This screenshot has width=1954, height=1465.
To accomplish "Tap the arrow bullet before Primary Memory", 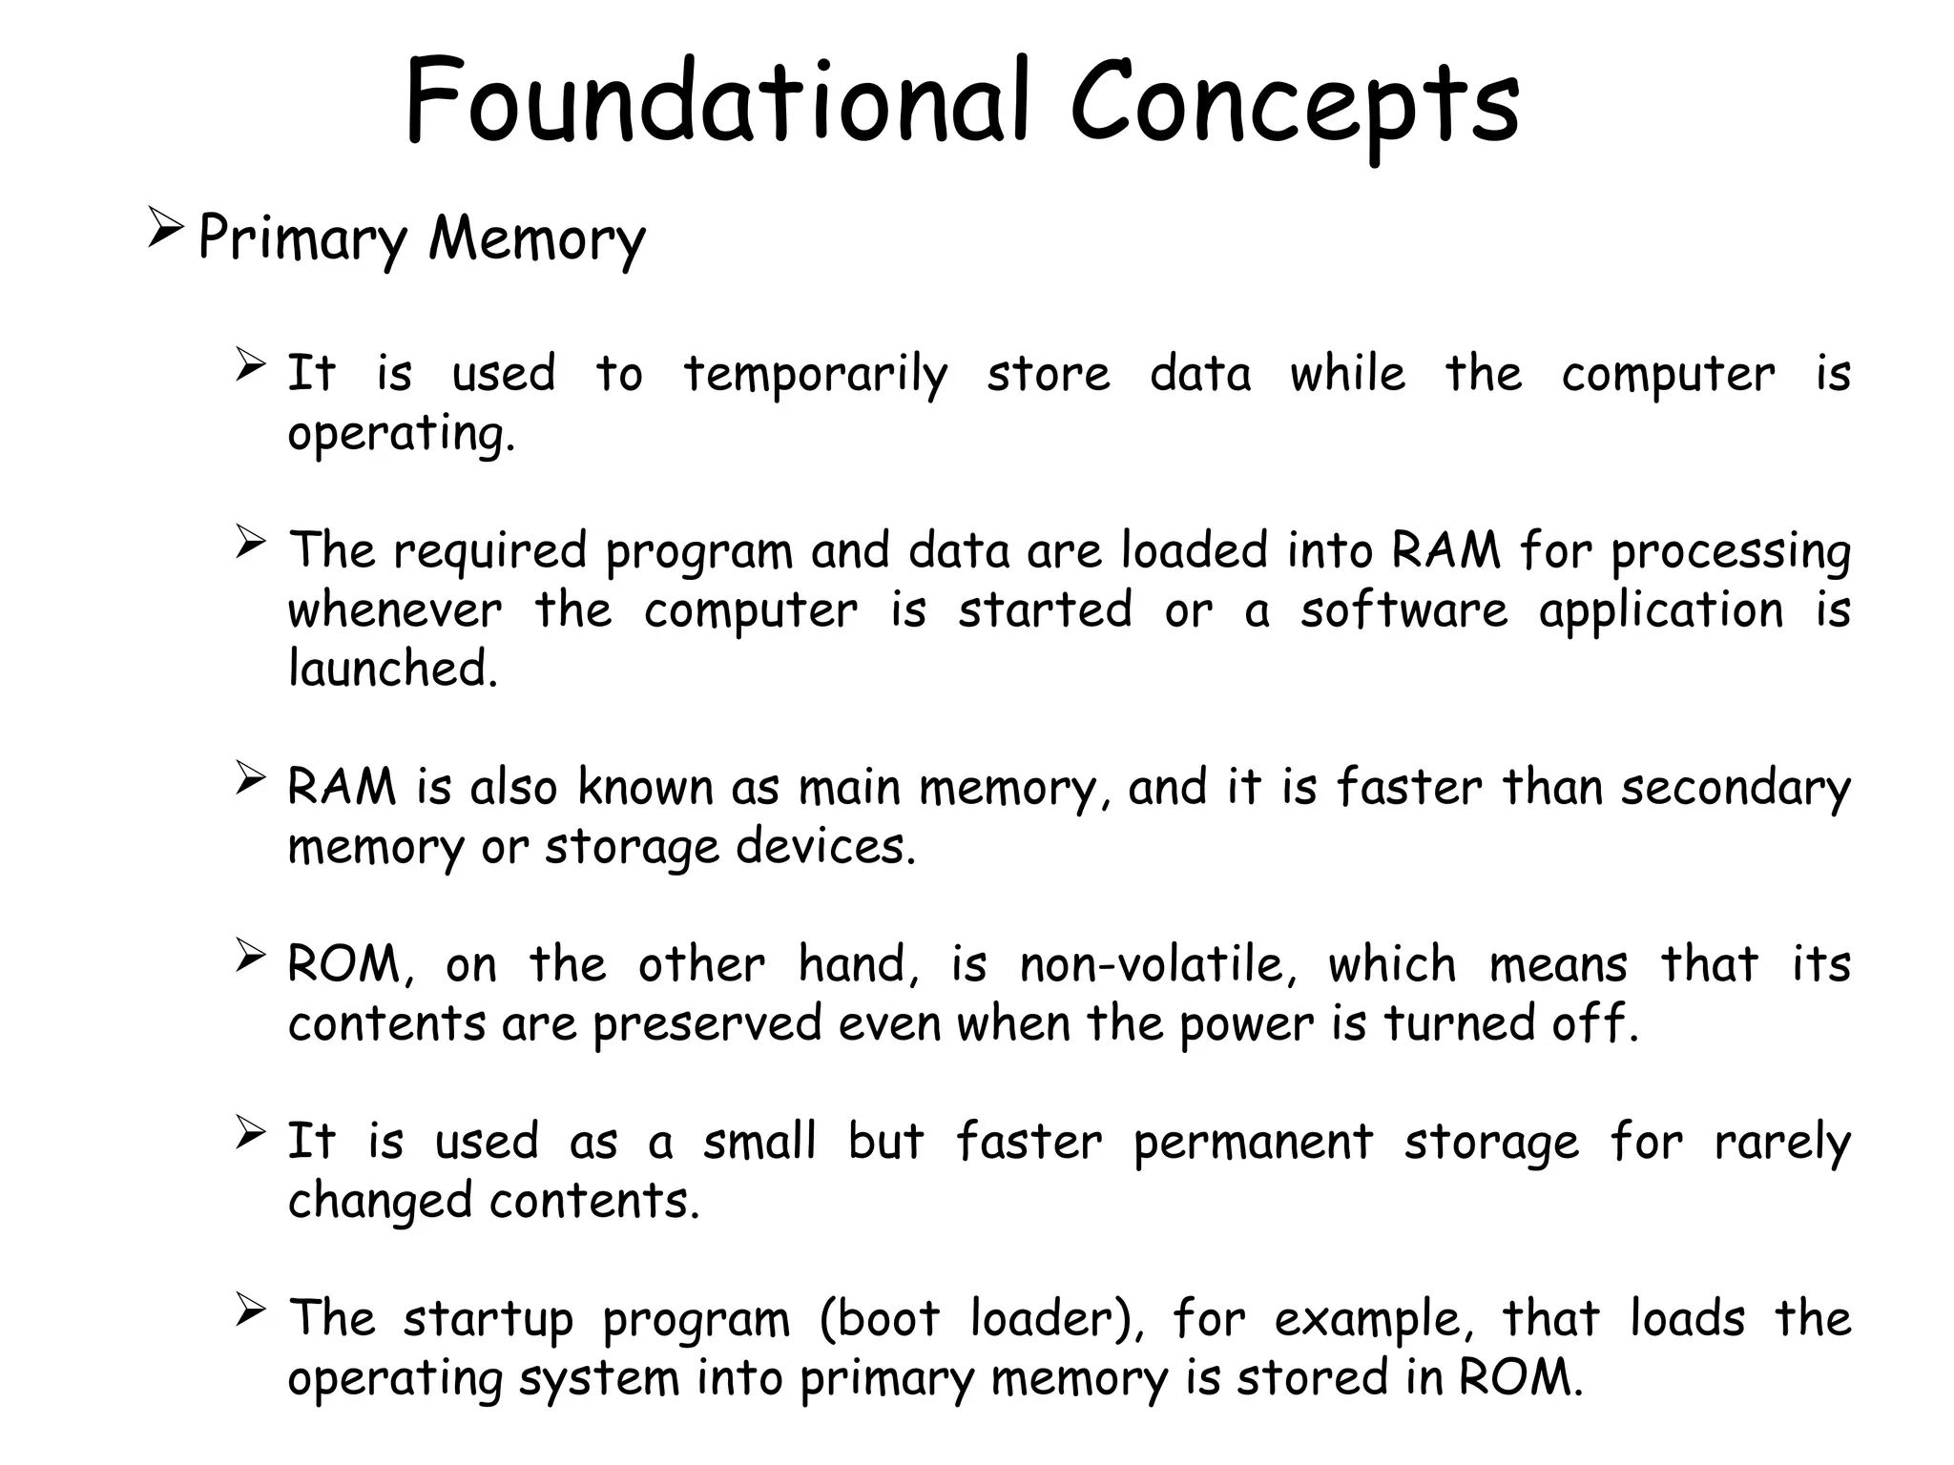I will [x=165, y=231].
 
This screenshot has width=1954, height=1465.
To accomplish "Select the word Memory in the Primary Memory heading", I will [x=536, y=238].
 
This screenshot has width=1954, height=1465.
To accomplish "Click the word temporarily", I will [x=816, y=375].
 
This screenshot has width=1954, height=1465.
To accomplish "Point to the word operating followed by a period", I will [x=401, y=435].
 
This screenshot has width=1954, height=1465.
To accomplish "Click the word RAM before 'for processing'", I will [x=1445, y=551].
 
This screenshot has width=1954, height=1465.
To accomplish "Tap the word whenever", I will [x=394, y=610].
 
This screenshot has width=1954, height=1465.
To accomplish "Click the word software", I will [x=1403, y=610].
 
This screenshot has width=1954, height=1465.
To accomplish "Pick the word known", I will [x=645, y=789].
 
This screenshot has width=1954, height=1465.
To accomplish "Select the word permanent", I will [x=1253, y=1143].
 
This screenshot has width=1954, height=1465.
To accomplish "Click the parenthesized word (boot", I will [x=879, y=1320].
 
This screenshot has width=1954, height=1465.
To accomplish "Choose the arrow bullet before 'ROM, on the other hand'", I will [x=250, y=955].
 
